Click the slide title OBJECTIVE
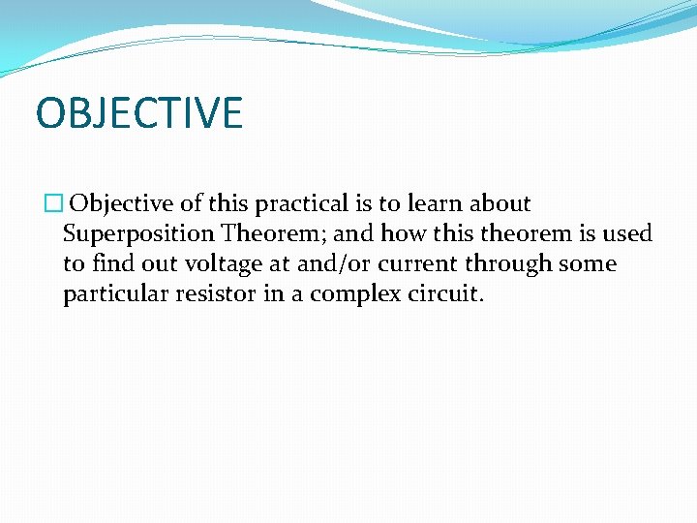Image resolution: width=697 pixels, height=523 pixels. [x=138, y=113]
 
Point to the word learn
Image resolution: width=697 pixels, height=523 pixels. [x=436, y=204]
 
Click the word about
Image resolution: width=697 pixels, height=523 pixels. [x=500, y=204]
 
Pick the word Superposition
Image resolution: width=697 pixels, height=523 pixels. [x=138, y=234]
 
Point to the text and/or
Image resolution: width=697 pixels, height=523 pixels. [x=336, y=264]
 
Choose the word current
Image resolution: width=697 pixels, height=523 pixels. [x=418, y=264]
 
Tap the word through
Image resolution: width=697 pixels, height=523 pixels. [x=510, y=264]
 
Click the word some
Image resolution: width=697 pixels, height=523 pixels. [x=590, y=264]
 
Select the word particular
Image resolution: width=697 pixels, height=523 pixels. [x=114, y=294]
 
